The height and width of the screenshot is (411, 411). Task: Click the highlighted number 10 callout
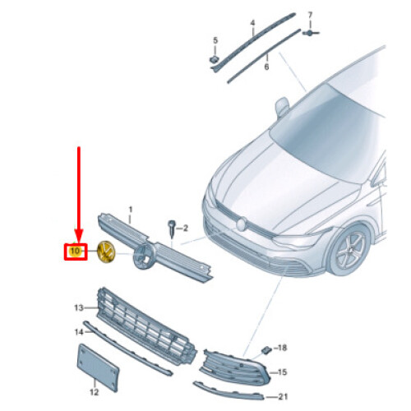click(76, 252)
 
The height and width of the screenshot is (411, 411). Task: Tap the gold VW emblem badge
click(107, 252)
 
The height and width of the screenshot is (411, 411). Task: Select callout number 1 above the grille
click(131, 210)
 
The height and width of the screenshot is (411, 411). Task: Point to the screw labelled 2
click(172, 227)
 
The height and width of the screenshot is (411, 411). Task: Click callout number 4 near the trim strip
click(252, 23)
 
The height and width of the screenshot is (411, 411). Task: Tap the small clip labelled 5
click(214, 59)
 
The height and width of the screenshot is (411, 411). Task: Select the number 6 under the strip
click(266, 67)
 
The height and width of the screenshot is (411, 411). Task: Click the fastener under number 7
click(310, 33)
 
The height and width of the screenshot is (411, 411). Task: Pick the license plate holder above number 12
click(99, 367)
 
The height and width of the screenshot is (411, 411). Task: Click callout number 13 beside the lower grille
click(79, 307)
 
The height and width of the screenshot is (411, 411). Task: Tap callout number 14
click(79, 332)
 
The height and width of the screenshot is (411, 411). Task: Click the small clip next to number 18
click(266, 350)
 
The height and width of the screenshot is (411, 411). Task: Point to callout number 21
click(283, 396)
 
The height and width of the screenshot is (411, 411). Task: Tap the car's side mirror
click(282, 107)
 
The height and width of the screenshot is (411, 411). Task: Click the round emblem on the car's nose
click(242, 224)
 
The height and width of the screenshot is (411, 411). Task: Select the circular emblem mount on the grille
click(144, 257)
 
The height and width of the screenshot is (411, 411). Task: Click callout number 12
click(94, 392)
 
